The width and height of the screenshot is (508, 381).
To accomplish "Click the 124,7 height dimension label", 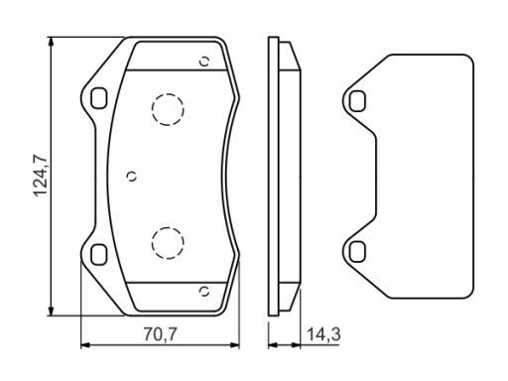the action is [x=42, y=176].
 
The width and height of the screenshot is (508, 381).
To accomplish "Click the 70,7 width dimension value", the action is [x=161, y=334].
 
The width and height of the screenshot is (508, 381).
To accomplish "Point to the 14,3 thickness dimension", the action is [x=323, y=334].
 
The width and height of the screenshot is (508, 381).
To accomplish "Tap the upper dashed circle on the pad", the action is [x=168, y=110].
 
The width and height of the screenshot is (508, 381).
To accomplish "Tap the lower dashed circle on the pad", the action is [x=168, y=243].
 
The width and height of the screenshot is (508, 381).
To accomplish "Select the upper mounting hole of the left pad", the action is [x=99, y=98].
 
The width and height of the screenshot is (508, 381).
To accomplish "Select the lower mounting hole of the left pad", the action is [x=99, y=255].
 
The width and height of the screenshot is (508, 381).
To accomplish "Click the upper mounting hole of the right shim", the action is [x=357, y=101].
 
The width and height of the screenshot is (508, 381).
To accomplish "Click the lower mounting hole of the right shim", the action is [x=357, y=251].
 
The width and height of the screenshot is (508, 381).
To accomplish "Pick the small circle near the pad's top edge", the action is [x=204, y=62].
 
